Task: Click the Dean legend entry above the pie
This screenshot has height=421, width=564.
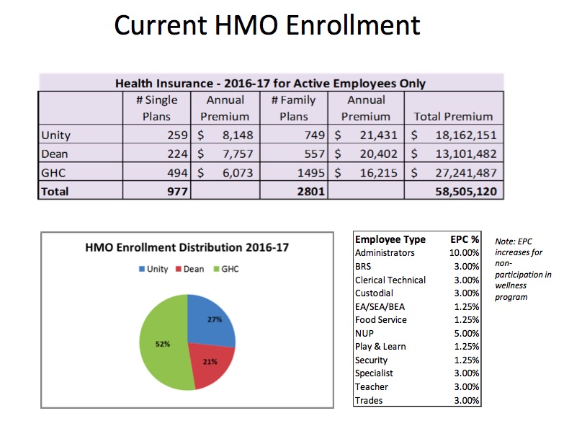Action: click(x=189, y=269)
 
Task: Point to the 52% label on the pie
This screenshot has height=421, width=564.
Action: click(x=163, y=344)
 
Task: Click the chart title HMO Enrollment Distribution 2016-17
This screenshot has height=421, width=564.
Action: click(x=187, y=247)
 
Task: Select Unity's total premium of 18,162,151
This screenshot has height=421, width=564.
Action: click(x=466, y=135)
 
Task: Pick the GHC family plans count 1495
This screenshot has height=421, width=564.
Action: click(x=310, y=173)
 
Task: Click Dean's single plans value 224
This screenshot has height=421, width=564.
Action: click(x=177, y=154)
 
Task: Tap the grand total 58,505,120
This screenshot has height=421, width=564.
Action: click(x=466, y=192)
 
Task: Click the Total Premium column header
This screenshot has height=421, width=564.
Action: click(x=453, y=116)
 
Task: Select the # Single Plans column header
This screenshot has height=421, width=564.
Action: click(x=156, y=108)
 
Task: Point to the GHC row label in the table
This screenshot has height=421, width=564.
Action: click(x=53, y=173)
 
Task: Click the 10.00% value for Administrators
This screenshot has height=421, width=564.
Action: click(x=464, y=253)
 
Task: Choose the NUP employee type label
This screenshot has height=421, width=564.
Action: click(x=364, y=334)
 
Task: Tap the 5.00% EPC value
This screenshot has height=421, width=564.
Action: click(x=467, y=334)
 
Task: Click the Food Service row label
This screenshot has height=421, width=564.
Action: click(x=381, y=320)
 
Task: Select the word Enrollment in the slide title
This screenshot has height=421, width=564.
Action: click(x=354, y=25)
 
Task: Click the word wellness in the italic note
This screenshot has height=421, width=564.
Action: click(x=511, y=285)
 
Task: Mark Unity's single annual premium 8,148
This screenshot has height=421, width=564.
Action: click(x=238, y=135)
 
